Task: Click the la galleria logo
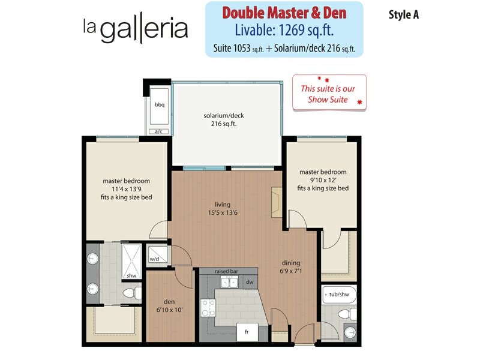pyautogui.click(x=136, y=28)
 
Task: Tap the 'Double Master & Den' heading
pyautogui.click(x=284, y=13)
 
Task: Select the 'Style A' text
pyautogui.click(x=403, y=14)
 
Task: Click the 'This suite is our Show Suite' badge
pyautogui.click(x=329, y=92)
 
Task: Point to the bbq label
pyautogui.click(x=160, y=104)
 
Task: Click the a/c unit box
pyautogui.click(x=158, y=131)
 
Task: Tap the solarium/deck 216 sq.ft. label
pyautogui.click(x=224, y=119)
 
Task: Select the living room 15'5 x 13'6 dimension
pyautogui.click(x=223, y=212)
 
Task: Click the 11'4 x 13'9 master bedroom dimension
pyautogui.click(x=126, y=189)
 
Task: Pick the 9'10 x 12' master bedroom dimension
pyautogui.click(x=323, y=180)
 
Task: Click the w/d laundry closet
pyautogui.click(x=158, y=255)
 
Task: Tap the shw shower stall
pyautogui.click(x=131, y=261)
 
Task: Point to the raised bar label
pyautogui.click(x=226, y=271)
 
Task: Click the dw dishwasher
pyautogui.click(x=250, y=282)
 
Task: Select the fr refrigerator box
pyautogui.click(x=247, y=332)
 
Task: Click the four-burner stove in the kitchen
pyautogui.click(x=208, y=308)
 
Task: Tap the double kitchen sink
pyautogui.click(x=230, y=281)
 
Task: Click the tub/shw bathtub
pyautogui.click(x=339, y=295)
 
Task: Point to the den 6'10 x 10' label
pyautogui.click(x=169, y=306)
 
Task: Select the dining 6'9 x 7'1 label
pyautogui.click(x=291, y=266)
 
